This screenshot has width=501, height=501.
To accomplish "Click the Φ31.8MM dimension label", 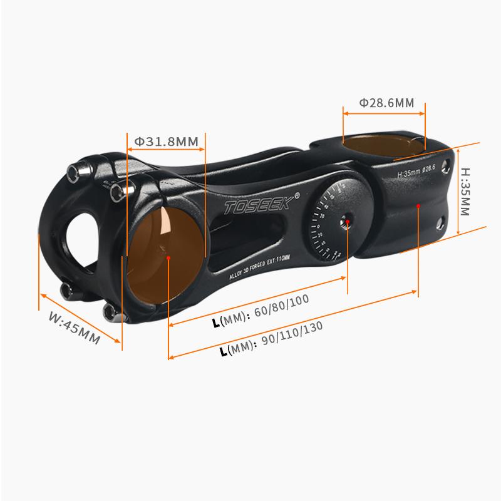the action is tap(166, 142).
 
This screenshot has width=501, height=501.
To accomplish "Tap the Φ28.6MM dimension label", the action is tap(386, 103).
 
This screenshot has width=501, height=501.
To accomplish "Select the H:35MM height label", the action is tap(465, 191).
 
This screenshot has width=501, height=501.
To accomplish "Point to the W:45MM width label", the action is tap(75, 328).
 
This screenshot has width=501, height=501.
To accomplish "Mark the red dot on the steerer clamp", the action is tap(418, 205).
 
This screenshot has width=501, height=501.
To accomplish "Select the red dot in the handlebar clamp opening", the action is tap(169, 256).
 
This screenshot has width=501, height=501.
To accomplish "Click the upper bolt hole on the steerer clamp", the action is tap(445, 165).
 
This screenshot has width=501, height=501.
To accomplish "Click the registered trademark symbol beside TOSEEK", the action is tap(296, 195).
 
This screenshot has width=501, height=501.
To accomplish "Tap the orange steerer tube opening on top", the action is tap(383, 145).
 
